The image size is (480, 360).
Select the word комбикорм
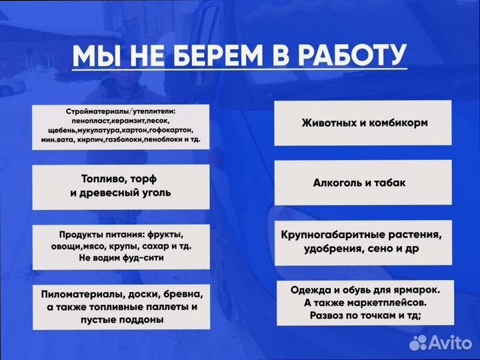(397, 123)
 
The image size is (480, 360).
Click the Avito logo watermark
(441, 343)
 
